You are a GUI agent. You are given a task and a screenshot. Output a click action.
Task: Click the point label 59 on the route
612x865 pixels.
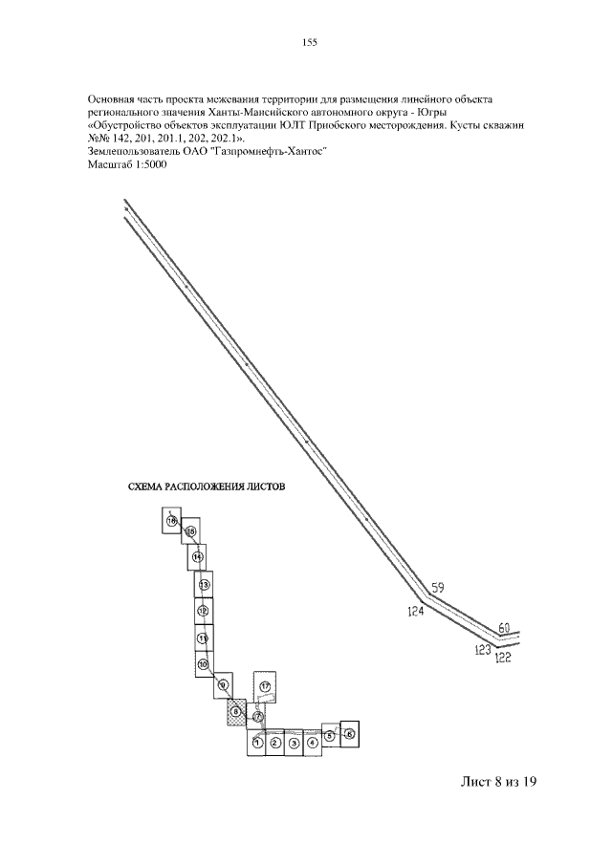tap(439, 588)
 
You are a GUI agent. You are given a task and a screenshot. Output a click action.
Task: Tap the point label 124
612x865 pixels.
tap(415, 611)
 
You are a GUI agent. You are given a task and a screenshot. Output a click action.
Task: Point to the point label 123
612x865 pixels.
tap(483, 649)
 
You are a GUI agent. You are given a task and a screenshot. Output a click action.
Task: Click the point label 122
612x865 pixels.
tap(503, 657)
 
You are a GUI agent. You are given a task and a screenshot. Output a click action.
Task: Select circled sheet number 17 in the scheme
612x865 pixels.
tap(265, 687)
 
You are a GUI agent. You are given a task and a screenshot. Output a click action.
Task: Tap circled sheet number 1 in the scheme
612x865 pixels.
tap(257, 742)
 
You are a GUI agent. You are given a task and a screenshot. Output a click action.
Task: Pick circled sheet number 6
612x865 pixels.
tap(349, 733)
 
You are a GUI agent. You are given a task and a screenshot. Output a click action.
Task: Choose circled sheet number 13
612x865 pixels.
tap(203, 584)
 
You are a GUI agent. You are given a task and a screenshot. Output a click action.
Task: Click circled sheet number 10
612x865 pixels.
tap(202, 664)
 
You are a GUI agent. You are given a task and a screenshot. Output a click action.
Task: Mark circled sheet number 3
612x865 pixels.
tap(294, 743)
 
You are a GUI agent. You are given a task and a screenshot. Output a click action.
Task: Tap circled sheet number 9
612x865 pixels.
tap(222, 684)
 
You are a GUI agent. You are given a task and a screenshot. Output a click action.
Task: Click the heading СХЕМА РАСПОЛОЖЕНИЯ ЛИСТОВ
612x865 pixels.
tap(207, 487)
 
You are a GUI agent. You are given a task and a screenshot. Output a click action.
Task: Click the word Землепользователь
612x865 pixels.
tap(129, 151)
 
